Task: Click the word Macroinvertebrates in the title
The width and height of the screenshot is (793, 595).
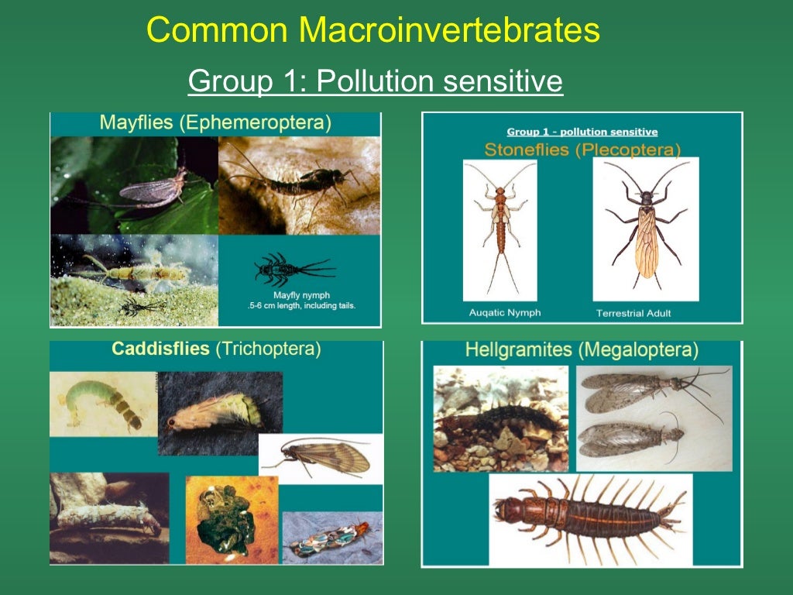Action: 449,31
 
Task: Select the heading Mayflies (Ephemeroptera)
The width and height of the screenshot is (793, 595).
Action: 215,123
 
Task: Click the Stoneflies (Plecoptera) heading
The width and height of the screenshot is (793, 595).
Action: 582,149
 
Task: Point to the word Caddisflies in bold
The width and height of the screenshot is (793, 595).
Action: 160,349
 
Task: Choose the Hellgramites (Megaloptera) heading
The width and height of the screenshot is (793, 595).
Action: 582,350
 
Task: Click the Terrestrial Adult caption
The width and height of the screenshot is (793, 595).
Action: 633,313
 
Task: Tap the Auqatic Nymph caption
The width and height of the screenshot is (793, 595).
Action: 505,313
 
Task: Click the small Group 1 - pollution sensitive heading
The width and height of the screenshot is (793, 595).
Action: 582,132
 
